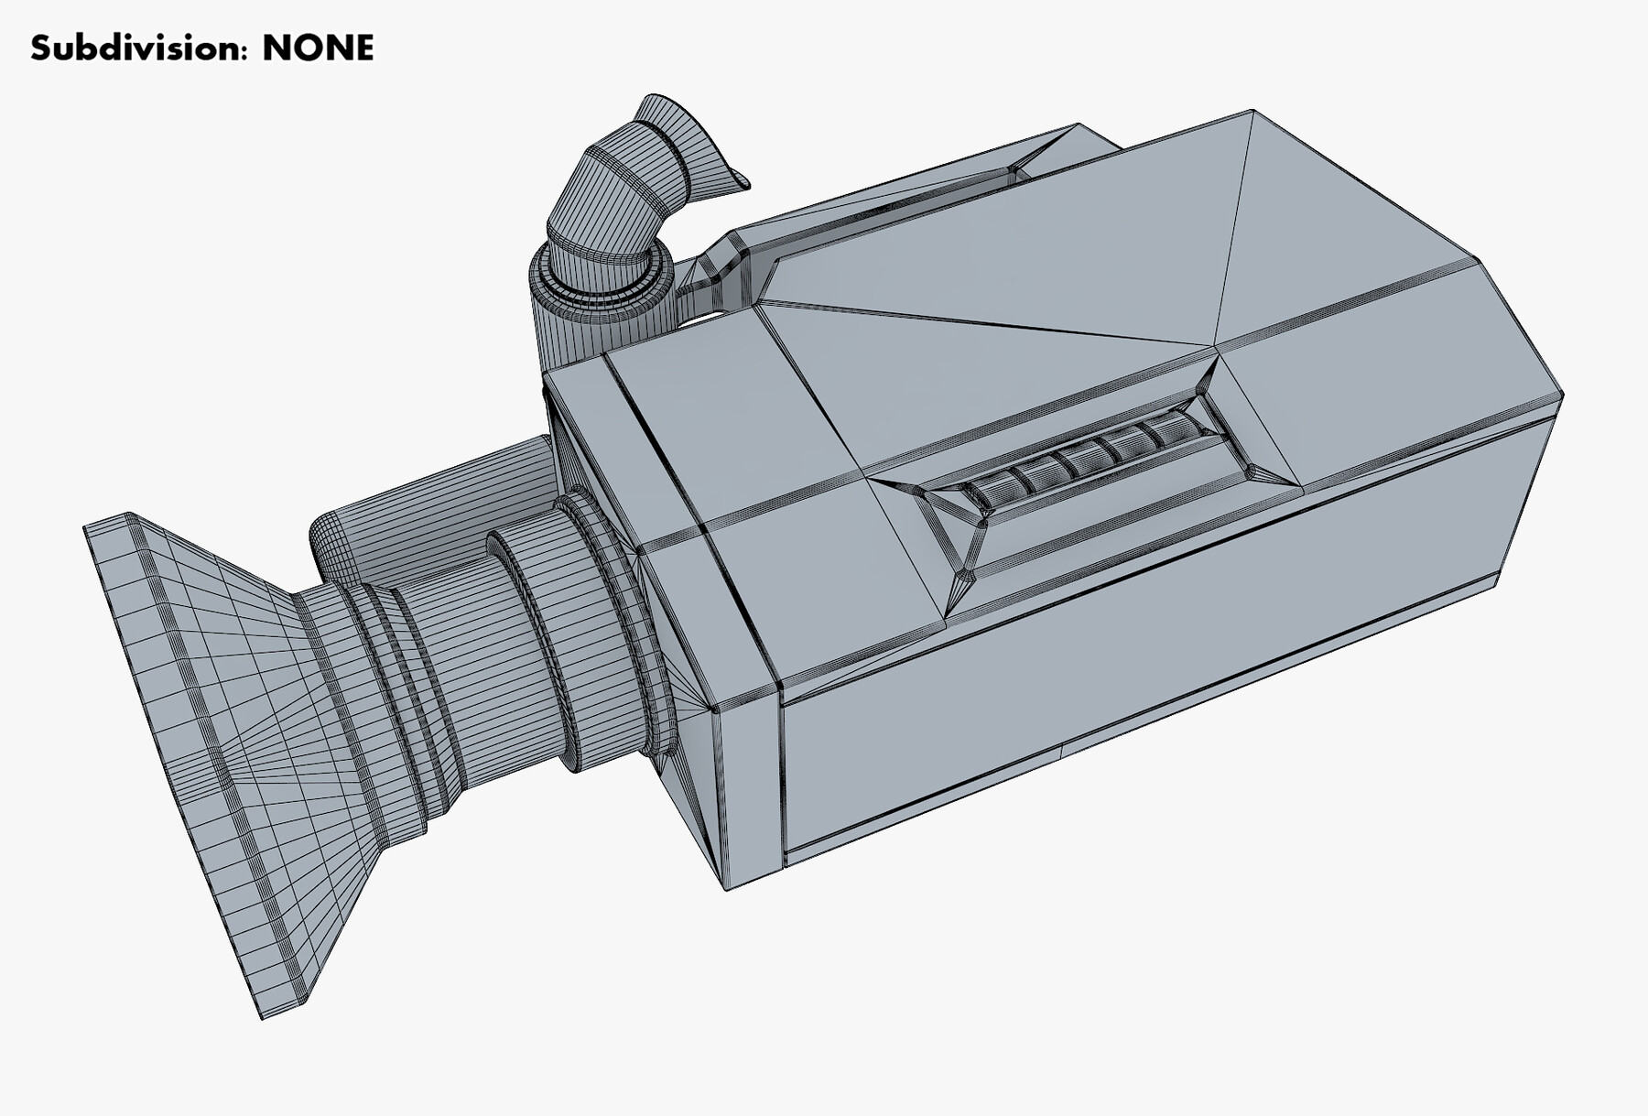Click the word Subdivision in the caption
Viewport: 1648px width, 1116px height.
(x=137, y=49)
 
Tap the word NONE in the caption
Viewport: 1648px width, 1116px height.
(x=318, y=49)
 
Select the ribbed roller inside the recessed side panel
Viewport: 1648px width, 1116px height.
(x=1090, y=458)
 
